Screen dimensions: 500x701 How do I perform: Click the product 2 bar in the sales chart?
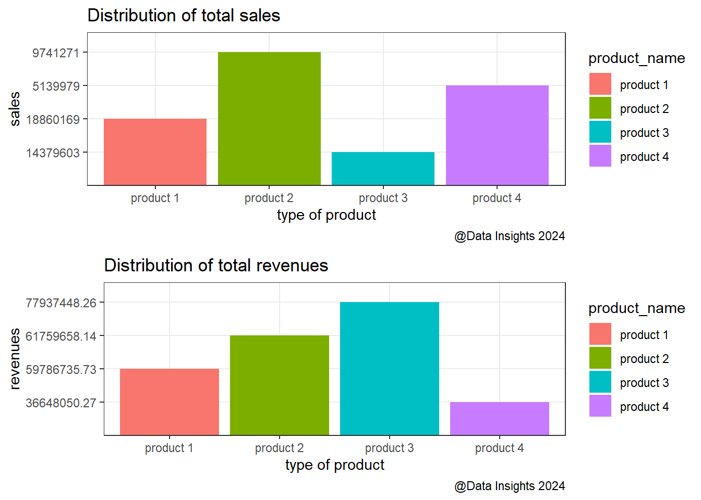tap(269, 119)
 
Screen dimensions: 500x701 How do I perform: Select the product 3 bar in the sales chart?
tap(383, 169)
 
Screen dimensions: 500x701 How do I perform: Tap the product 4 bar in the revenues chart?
tap(499, 418)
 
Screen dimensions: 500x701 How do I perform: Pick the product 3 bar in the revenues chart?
tap(389, 369)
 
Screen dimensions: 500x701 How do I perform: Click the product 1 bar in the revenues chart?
tap(169, 402)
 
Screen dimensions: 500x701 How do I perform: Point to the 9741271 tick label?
tap(56, 53)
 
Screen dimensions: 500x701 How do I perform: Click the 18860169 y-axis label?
tap(53, 120)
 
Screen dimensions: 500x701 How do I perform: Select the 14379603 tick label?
tap(53, 153)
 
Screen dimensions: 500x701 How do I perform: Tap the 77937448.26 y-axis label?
tap(61, 303)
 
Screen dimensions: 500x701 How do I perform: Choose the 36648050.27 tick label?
tap(61, 403)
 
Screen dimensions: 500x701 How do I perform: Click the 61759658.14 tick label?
tap(61, 336)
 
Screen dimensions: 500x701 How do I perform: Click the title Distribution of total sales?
tap(184, 16)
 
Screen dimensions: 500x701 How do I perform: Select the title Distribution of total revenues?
tap(216, 266)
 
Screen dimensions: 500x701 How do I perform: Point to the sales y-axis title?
tap(15, 109)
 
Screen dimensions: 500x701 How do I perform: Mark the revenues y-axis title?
tap(15, 359)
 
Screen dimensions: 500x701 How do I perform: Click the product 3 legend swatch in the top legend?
tap(600, 132)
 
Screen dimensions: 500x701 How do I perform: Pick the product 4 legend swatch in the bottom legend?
tap(600, 406)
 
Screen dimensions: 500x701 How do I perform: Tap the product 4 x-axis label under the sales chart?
tap(497, 198)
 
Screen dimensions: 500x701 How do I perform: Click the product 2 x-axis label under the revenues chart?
tap(279, 448)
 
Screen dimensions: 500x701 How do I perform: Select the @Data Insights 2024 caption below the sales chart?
tap(510, 236)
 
